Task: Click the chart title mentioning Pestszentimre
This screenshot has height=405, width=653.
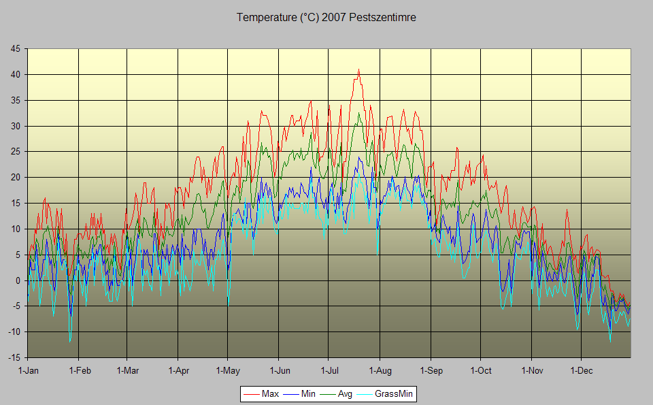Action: (x=326, y=18)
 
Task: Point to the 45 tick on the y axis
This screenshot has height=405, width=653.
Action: (x=15, y=48)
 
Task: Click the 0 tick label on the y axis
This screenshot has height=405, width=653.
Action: (x=18, y=280)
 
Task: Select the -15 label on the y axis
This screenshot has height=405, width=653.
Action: (x=14, y=357)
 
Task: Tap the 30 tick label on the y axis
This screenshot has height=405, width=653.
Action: (x=15, y=126)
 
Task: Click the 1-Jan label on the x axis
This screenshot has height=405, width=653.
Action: (x=28, y=371)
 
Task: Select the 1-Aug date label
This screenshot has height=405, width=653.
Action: (x=380, y=371)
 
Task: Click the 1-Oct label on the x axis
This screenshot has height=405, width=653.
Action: (x=480, y=371)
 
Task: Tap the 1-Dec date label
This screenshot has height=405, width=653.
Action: (x=581, y=371)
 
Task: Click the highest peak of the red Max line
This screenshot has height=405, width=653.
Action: (x=358, y=70)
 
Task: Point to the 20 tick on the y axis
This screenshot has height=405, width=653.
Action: (x=15, y=177)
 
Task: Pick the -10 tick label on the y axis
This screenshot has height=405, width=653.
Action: (x=14, y=331)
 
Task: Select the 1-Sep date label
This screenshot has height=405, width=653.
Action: (x=431, y=371)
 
